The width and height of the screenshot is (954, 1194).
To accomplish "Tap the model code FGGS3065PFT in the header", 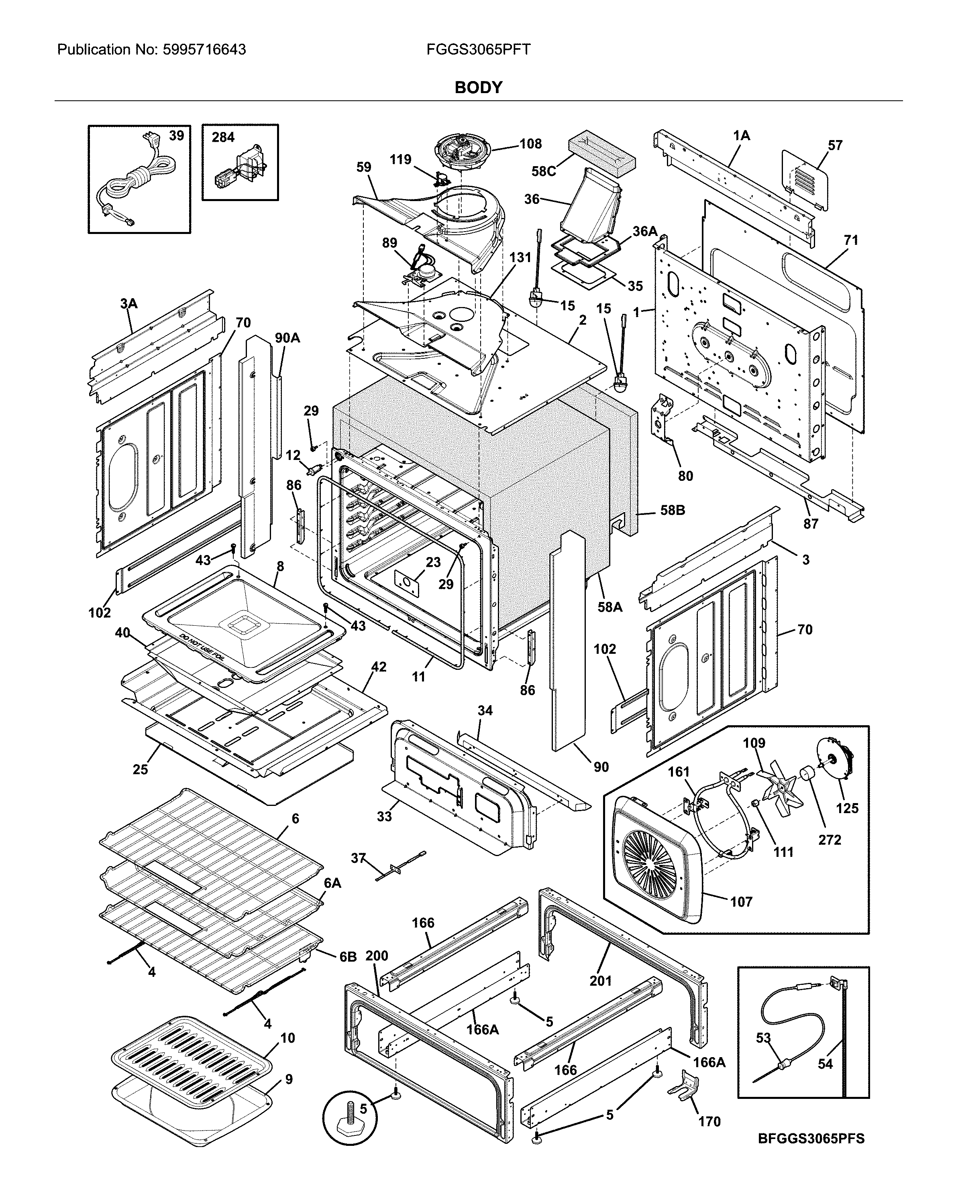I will click(x=478, y=50).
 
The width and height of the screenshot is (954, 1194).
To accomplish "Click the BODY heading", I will click(x=478, y=87).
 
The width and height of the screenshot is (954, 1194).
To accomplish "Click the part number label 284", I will click(x=223, y=137).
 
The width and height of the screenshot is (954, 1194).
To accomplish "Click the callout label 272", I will click(x=830, y=840).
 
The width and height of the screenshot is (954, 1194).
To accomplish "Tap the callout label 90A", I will click(x=287, y=338).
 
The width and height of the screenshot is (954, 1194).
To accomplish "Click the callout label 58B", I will click(x=672, y=510).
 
